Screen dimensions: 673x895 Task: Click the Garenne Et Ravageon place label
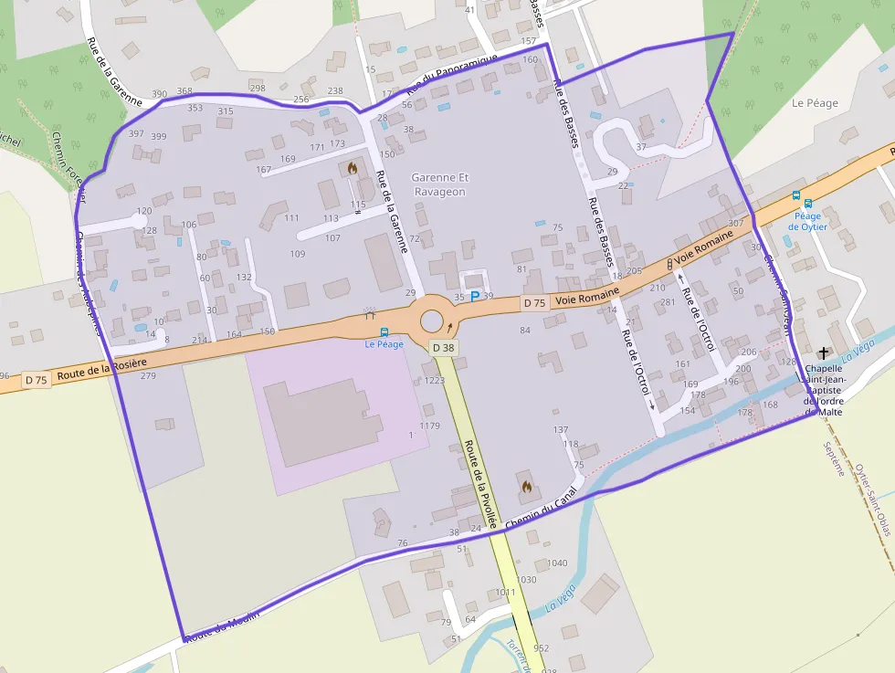pos(439,184)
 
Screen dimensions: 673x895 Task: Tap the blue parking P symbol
pos(474,296)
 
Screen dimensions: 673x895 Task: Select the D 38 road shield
pos(443,348)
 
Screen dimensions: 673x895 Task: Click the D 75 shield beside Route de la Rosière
pos(36,379)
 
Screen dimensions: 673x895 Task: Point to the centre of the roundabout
pos(431,321)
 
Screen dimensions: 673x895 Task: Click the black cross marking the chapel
pos(824,352)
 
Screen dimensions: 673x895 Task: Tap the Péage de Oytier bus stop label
pos(805,221)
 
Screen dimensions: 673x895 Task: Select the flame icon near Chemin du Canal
pos(525,488)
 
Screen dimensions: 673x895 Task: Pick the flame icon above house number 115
pos(353,169)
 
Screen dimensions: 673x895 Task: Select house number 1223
pos(434,380)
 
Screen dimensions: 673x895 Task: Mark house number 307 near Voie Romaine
pos(735,223)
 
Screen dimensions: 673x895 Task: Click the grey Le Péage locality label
pos(815,103)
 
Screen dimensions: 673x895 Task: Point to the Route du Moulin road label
pos(221,626)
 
